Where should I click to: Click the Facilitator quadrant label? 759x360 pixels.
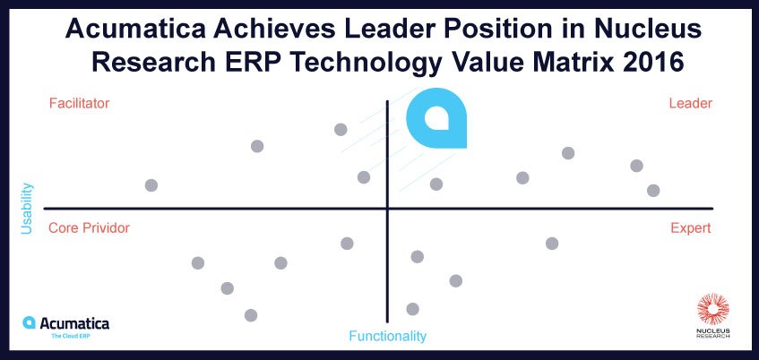pyautogui.click(x=80, y=104)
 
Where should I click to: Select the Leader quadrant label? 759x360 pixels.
pyautogui.click(x=691, y=104)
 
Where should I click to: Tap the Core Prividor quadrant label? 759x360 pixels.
pyautogui.click(x=89, y=227)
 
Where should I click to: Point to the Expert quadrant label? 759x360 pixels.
pyautogui.click(x=691, y=227)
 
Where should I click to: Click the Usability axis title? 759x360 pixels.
pyautogui.click(x=27, y=209)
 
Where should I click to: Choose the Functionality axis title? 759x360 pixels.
pyautogui.click(x=388, y=336)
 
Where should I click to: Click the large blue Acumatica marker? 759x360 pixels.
pyautogui.click(x=436, y=118)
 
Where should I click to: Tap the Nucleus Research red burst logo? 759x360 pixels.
pyautogui.click(x=713, y=309)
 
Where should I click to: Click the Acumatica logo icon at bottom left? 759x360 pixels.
pyautogui.click(x=29, y=322)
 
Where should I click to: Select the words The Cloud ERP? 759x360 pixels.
pyautogui.click(x=71, y=335)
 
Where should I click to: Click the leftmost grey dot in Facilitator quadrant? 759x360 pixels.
pyautogui.click(x=151, y=185)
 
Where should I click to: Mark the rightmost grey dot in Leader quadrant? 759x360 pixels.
pyautogui.click(x=653, y=191)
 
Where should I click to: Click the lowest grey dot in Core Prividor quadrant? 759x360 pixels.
pyautogui.click(x=251, y=315)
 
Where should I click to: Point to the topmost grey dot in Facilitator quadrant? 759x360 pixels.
pyautogui.click(x=341, y=130)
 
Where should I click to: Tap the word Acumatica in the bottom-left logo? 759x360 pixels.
pyautogui.click(x=74, y=323)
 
